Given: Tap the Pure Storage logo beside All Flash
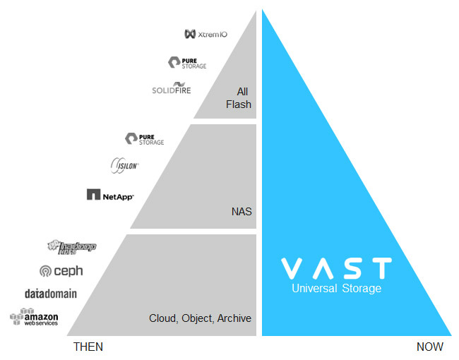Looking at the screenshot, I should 187,63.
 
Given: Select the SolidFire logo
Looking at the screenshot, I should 172,89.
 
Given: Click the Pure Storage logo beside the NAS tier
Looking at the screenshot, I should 144,138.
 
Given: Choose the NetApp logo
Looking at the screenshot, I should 110,194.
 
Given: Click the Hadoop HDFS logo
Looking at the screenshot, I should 71,246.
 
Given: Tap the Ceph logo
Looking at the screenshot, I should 62,270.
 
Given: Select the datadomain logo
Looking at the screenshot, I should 51,294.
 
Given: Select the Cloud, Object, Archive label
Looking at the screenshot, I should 200,318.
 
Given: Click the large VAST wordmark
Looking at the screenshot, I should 336,268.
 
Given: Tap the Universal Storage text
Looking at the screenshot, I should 336,289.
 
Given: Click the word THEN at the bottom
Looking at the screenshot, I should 88,347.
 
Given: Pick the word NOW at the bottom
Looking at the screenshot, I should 429,347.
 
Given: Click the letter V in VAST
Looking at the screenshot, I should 293,268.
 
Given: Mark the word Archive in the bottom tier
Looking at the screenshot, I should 235,318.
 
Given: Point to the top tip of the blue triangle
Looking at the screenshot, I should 263,11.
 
